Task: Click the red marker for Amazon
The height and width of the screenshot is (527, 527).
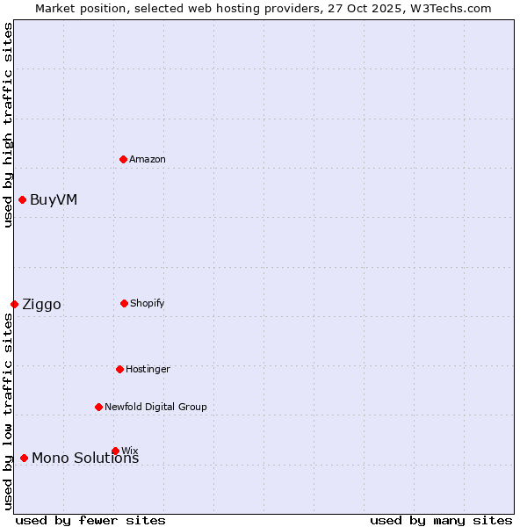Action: pyautogui.click(x=124, y=159)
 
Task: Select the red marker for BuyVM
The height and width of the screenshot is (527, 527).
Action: pyautogui.click(x=22, y=199)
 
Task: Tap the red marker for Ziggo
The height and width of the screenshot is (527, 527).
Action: pyautogui.click(x=14, y=304)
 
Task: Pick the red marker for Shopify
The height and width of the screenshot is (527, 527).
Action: pyautogui.click(x=124, y=303)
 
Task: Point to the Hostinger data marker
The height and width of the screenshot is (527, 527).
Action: pyautogui.click(x=119, y=369)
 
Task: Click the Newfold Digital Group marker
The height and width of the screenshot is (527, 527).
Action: pyautogui.click(x=98, y=407)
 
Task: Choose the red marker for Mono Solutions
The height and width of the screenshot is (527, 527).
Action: pyautogui.click(x=24, y=458)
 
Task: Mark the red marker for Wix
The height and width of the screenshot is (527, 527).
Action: pyautogui.click(x=115, y=451)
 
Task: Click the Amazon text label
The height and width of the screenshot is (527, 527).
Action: pyautogui.click(x=148, y=159)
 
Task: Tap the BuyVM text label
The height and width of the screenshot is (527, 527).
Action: pyautogui.click(x=54, y=199)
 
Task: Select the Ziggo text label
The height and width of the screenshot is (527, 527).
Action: pyautogui.click(x=41, y=304)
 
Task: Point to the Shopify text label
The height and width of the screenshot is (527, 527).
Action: pyautogui.click(x=148, y=303)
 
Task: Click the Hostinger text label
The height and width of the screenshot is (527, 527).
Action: pyautogui.click(x=148, y=369)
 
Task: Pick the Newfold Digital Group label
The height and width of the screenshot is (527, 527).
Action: pyautogui.click(x=155, y=407)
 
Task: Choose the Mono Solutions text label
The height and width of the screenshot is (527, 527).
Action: pyautogui.click(x=85, y=458)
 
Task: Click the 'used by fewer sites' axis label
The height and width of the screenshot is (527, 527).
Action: pyautogui.click(x=90, y=520)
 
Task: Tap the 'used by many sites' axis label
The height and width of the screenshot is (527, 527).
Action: pyautogui.click(x=441, y=520)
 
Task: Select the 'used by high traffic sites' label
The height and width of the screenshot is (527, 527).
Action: pyautogui.click(x=8, y=125)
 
